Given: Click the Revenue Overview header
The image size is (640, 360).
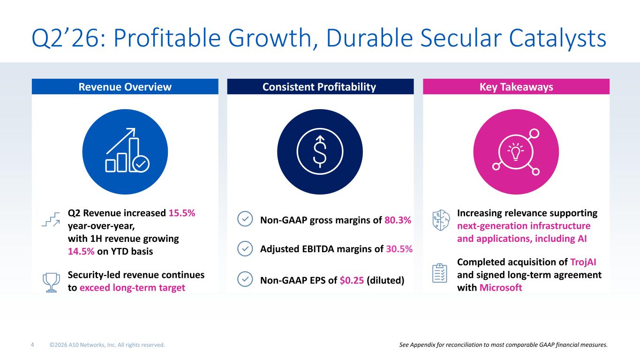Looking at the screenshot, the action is [x=125, y=87].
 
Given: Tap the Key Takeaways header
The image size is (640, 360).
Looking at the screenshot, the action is [x=516, y=87].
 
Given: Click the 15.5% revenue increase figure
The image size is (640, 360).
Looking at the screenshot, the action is [x=182, y=213].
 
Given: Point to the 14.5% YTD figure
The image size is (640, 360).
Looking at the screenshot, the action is [x=81, y=251].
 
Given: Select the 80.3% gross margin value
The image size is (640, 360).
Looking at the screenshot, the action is [x=398, y=220].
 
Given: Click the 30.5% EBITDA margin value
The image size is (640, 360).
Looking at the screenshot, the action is [x=399, y=249].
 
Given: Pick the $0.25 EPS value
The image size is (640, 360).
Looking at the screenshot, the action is [x=352, y=281].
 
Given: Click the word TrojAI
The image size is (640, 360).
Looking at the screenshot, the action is [x=583, y=262].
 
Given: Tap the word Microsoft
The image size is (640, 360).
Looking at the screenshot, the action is [x=501, y=288].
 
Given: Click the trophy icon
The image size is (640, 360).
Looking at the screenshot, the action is [x=51, y=282].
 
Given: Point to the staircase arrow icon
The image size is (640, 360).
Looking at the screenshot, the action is [x=51, y=219].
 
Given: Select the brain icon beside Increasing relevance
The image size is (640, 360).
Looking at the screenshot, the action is [x=441, y=220].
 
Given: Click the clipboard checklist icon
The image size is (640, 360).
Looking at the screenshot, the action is [x=440, y=273].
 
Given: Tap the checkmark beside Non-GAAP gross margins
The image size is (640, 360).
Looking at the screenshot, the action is [x=245, y=219].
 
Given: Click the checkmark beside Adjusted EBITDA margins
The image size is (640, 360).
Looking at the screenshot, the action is [x=245, y=248].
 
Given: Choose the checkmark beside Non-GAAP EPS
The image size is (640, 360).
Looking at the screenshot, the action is [x=245, y=279].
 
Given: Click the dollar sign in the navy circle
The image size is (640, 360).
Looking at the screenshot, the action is [x=320, y=151].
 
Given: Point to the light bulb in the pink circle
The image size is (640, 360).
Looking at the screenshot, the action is [x=515, y=152].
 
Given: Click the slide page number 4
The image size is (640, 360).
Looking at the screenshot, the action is [x=32, y=345].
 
